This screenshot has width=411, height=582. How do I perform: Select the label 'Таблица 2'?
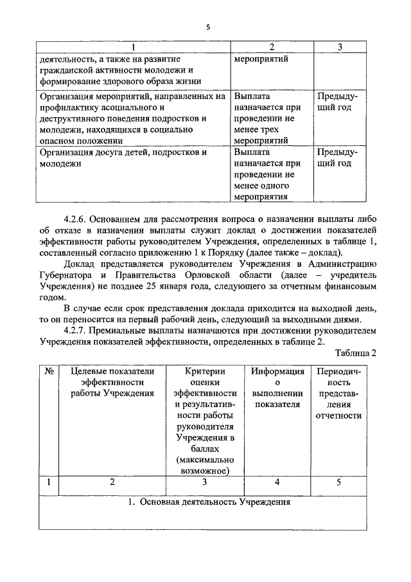tap(355, 353)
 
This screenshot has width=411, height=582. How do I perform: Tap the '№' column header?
tap(48, 371)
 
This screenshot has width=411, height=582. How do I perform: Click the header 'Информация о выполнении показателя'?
tap(277, 388)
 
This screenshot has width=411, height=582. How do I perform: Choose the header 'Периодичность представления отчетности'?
tap(338, 393)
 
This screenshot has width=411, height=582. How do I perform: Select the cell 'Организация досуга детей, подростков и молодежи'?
tap(123, 158)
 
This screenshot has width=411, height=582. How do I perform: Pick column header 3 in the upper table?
tap(339, 47)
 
